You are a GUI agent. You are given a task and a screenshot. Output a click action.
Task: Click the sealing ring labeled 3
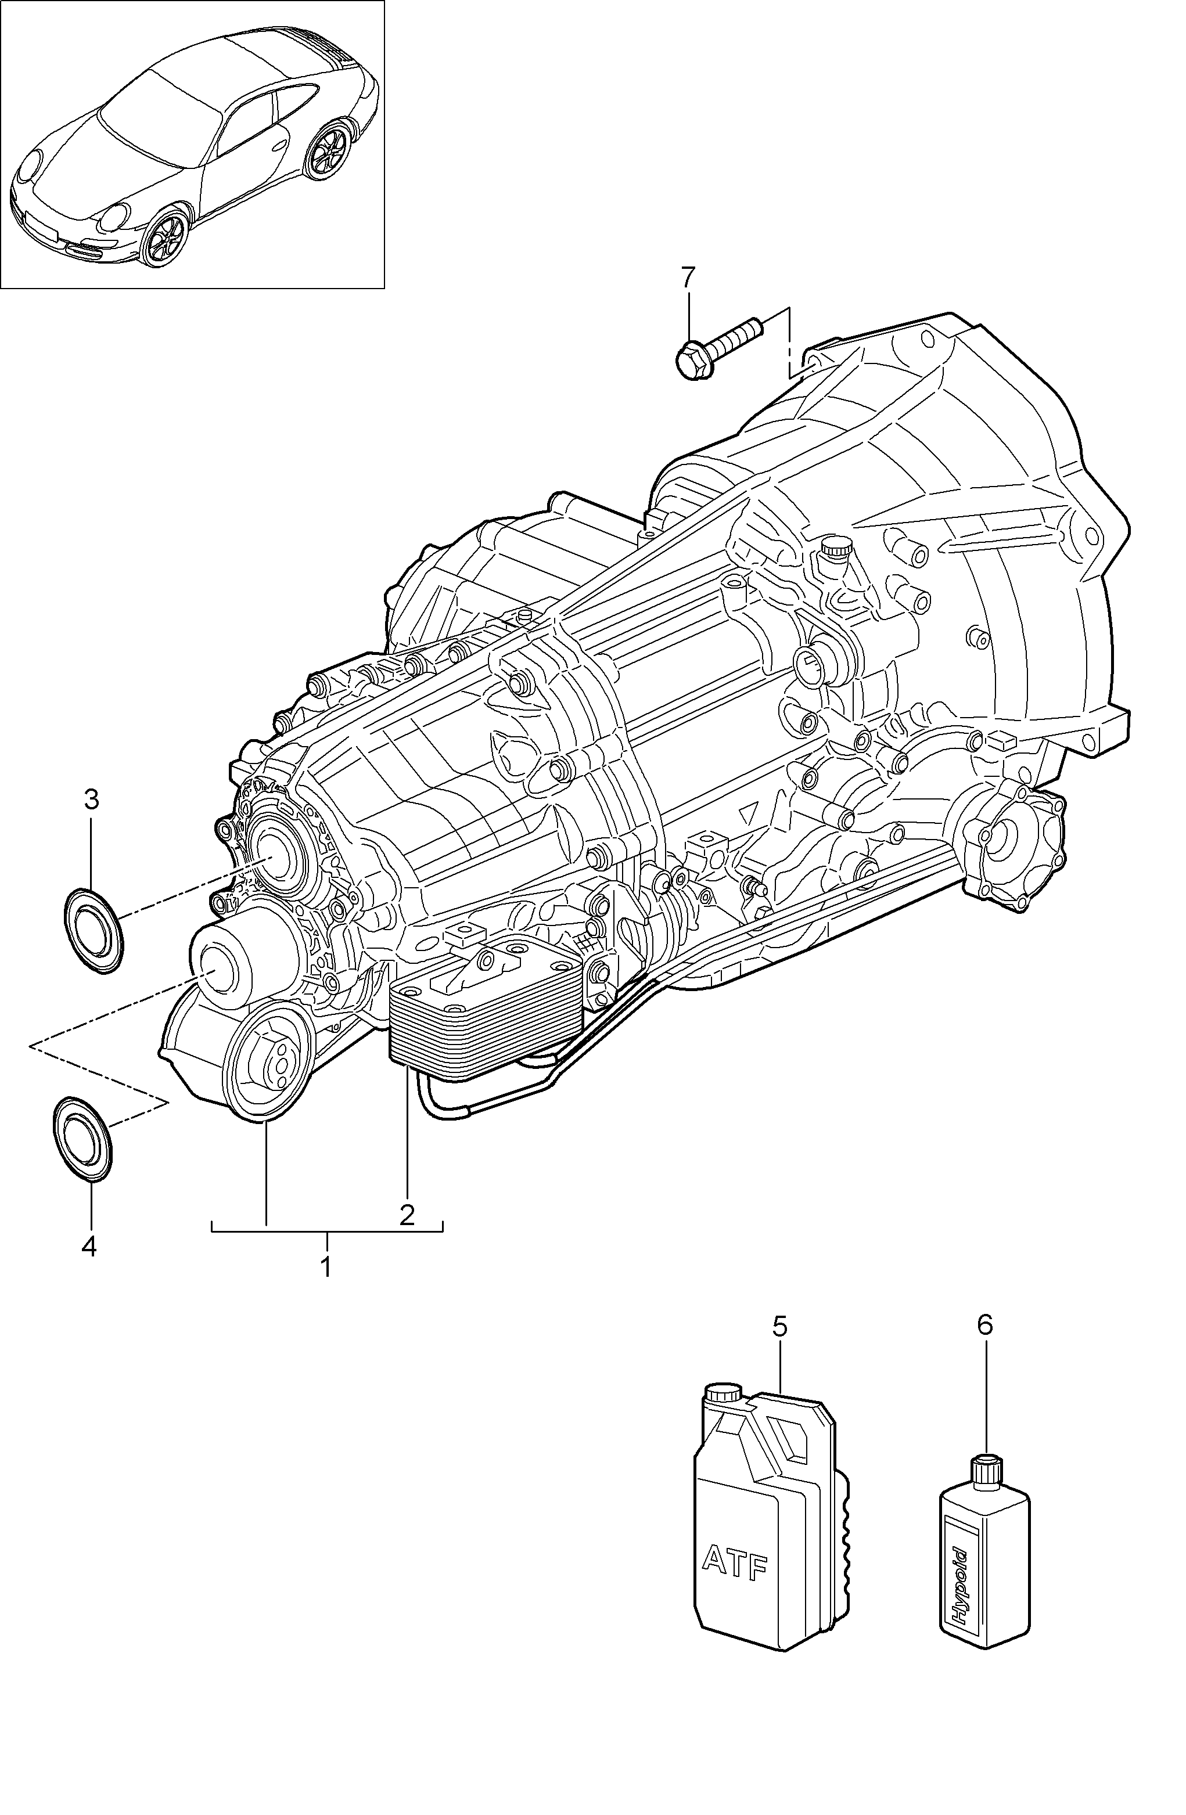click(92, 930)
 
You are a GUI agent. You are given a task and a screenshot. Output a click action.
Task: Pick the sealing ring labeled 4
click(83, 1139)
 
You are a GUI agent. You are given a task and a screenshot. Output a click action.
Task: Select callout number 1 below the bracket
click(326, 1267)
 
